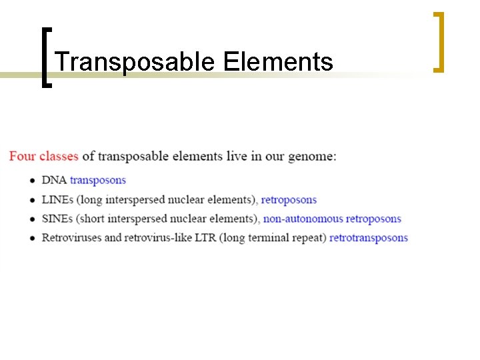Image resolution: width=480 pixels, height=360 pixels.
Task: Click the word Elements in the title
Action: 278,63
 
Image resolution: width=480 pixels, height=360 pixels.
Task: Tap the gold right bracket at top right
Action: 438,41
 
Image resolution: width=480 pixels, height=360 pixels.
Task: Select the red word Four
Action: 23,157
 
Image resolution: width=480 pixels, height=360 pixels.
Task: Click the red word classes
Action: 59,157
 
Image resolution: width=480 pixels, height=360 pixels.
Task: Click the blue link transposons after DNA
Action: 97,180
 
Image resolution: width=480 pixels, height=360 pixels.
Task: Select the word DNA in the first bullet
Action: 54,180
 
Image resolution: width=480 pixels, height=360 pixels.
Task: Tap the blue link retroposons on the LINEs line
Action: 289,199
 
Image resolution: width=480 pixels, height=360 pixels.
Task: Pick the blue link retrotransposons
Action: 368,237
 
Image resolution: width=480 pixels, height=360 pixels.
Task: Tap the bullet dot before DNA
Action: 33,181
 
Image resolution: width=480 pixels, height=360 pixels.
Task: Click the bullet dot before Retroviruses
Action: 33,238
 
